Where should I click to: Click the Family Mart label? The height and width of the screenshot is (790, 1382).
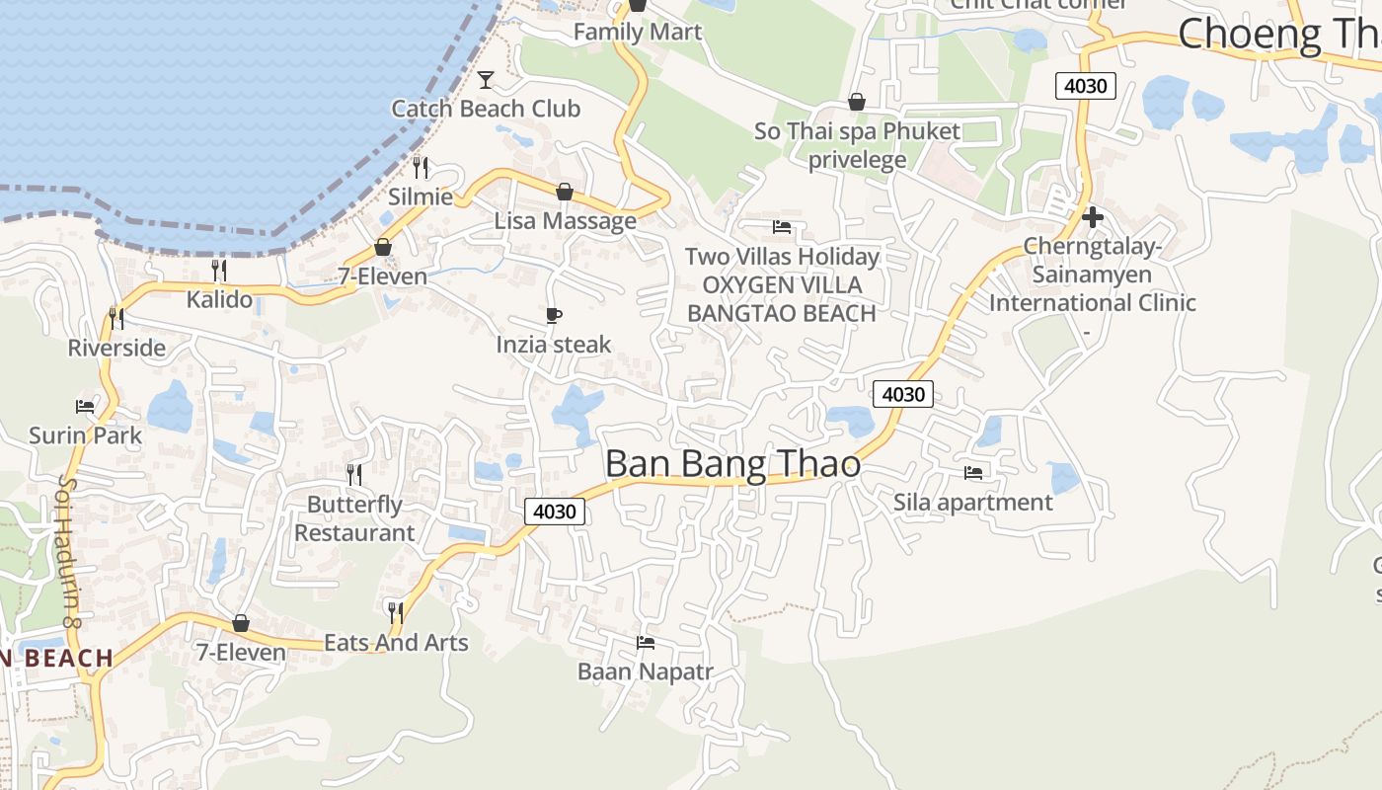point(638,32)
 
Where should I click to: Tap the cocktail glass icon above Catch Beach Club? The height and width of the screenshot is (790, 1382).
point(486,79)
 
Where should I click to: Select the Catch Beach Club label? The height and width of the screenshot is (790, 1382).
point(486,109)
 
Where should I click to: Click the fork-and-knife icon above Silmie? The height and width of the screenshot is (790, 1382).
point(421,166)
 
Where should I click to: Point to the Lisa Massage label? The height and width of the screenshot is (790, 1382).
point(566,220)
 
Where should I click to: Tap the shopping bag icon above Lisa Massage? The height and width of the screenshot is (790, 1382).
point(565,191)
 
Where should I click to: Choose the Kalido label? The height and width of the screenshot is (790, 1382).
point(219,298)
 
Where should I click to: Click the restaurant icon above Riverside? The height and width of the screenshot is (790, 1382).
point(116,318)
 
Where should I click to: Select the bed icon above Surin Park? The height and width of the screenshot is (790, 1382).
point(85,406)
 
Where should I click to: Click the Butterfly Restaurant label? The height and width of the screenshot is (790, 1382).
point(354,518)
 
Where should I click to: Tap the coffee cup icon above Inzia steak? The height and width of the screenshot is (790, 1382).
point(554,316)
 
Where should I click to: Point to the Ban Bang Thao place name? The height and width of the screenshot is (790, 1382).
point(732,464)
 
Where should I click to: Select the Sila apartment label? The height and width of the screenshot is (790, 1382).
point(973,502)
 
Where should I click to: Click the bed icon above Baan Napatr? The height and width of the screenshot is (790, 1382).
point(646,643)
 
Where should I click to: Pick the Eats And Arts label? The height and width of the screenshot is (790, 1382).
point(396,642)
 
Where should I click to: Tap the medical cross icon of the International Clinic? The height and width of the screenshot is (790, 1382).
point(1093,217)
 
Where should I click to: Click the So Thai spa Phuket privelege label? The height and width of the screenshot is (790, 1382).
point(857,145)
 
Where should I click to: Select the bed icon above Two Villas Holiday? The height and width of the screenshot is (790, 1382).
point(782,227)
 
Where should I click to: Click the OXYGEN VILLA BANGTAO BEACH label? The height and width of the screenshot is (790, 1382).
point(782,299)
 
